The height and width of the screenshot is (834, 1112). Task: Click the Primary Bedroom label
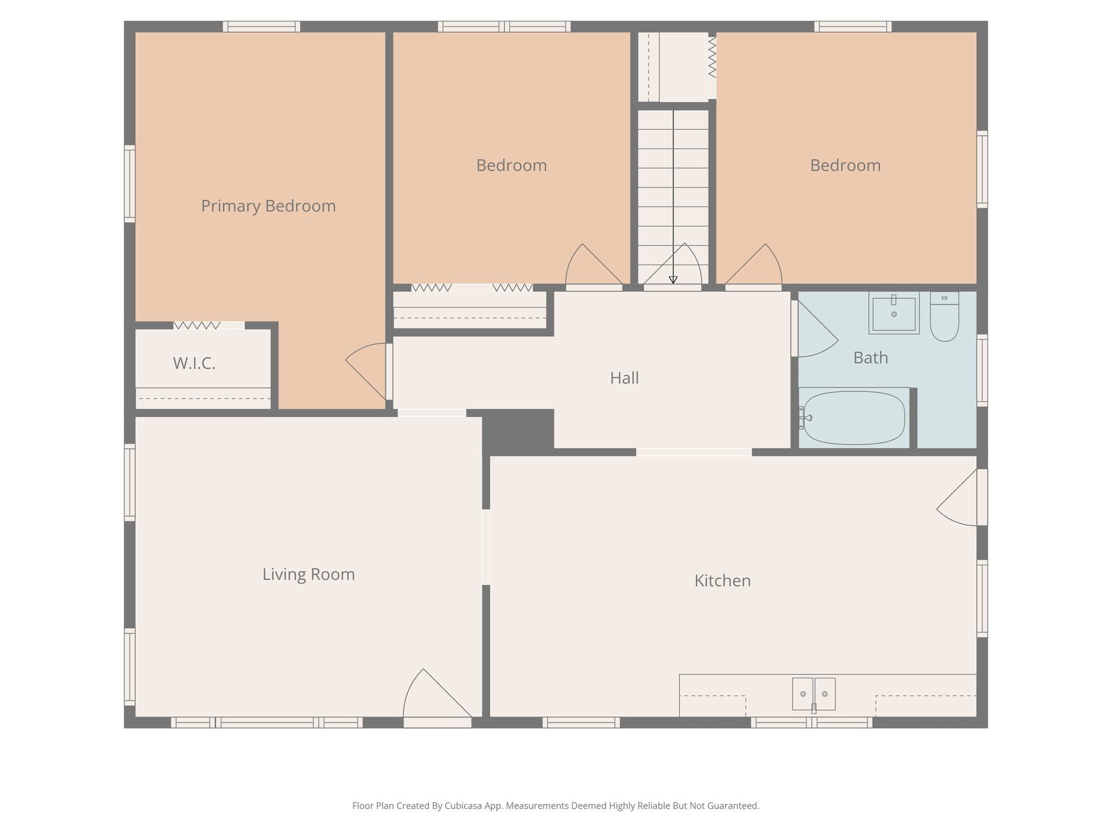click(x=268, y=206)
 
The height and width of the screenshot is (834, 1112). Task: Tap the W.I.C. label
click(x=194, y=363)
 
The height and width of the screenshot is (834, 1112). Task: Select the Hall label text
click(x=624, y=378)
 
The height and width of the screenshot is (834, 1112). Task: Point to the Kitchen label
click(x=722, y=580)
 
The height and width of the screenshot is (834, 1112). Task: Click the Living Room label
click(x=308, y=574)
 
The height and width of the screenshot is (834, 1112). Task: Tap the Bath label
click(x=870, y=358)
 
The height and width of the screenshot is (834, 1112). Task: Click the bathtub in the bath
click(x=854, y=418)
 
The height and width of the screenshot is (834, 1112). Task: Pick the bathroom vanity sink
click(x=894, y=313)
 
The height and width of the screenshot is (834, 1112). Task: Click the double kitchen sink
click(x=813, y=694)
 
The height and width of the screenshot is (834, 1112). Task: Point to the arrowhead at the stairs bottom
click(x=673, y=280)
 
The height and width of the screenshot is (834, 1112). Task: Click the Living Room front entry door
click(x=434, y=698)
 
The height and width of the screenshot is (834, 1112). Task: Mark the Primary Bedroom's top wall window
click(x=261, y=27)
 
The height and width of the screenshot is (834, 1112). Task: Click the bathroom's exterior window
click(x=982, y=370)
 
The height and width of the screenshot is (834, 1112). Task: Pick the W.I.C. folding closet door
click(x=197, y=325)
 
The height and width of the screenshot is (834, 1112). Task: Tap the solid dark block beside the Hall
click(x=518, y=431)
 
